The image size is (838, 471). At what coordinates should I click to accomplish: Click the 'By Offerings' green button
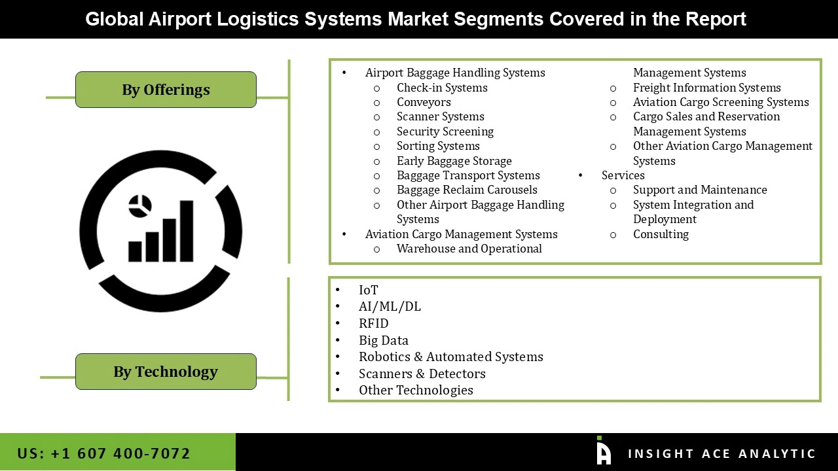point(166,90)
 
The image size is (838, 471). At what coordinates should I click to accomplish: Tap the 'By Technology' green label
point(166,372)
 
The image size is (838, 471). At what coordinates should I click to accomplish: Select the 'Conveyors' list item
point(424,102)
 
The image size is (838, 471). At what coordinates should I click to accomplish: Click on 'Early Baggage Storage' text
point(454,161)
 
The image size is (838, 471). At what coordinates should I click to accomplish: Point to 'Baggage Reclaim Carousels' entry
point(467,190)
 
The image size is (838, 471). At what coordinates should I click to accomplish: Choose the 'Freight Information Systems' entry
point(706,88)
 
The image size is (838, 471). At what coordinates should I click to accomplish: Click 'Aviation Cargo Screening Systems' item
point(721,102)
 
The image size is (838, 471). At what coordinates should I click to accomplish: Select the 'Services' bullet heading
point(623,175)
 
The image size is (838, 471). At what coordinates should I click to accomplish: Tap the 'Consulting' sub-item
point(661,234)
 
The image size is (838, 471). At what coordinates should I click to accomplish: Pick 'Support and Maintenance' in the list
point(700,190)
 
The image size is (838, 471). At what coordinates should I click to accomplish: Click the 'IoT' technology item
point(369,290)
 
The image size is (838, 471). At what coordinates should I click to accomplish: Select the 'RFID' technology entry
point(374,323)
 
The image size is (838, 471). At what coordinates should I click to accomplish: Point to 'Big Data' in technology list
point(384,340)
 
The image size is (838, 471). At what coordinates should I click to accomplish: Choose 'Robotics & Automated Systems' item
point(451,357)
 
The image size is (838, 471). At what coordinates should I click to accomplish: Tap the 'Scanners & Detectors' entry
point(422,374)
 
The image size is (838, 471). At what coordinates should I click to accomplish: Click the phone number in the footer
point(104,453)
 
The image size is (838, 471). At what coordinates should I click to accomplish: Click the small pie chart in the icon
point(139,206)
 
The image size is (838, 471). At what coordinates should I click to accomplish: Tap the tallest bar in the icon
point(187,230)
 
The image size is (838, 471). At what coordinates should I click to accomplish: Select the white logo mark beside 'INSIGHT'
point(604,451)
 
